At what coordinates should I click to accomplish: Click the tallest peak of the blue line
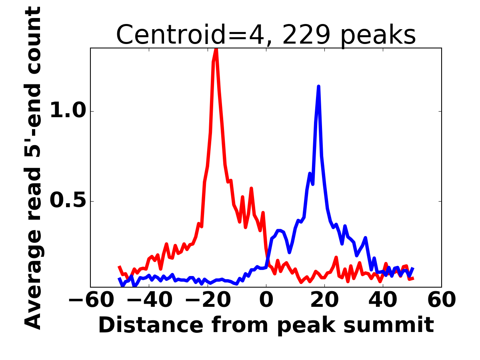[x=318, y=86]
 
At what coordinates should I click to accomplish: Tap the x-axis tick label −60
[x=90, y=300]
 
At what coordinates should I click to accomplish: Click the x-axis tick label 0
[x=266, y=300]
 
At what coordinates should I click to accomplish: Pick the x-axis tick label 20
[x=324, y=300]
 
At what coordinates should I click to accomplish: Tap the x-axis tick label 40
[x=383, y=300]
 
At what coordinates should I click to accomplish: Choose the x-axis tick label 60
[x=441, y=300]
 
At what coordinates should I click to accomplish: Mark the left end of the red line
[x=119, y=266]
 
